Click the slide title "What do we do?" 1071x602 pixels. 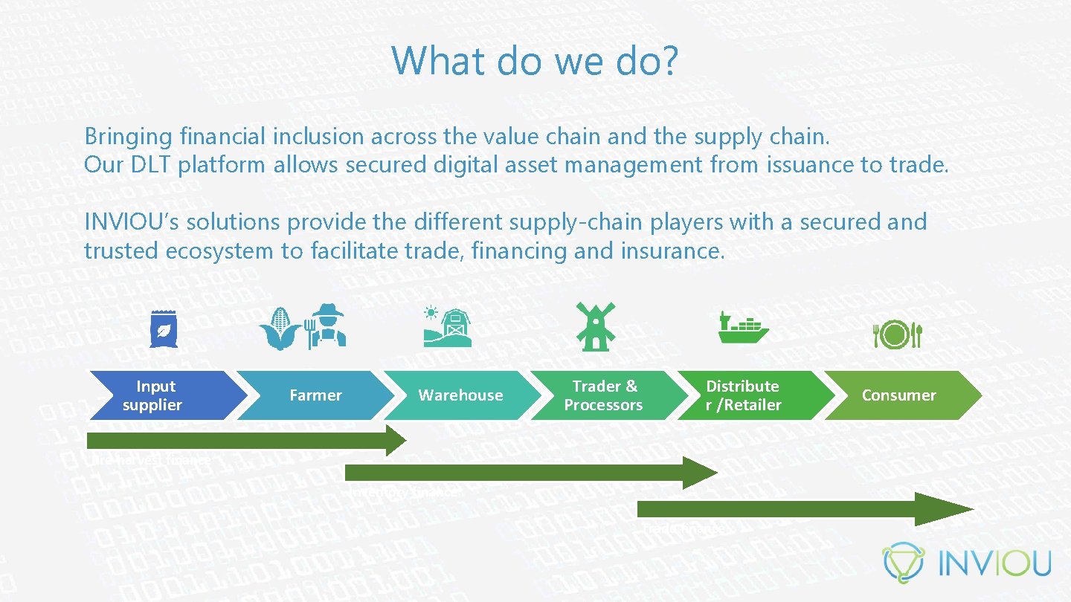click(535, 60)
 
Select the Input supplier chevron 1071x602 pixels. click(156, 395)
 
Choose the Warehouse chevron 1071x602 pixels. click(460, 395)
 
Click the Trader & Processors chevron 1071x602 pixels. click(603, 395)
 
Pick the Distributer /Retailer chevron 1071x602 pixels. click(744, 395)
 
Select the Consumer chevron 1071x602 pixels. click(898, 395)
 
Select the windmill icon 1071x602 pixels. click(596, 326)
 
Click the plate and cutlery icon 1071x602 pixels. click(898, 334)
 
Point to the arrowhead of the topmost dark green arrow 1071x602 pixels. click(396, 441)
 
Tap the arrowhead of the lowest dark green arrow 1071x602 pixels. click(955, 509)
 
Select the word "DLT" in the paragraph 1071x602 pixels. click(151, 165)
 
